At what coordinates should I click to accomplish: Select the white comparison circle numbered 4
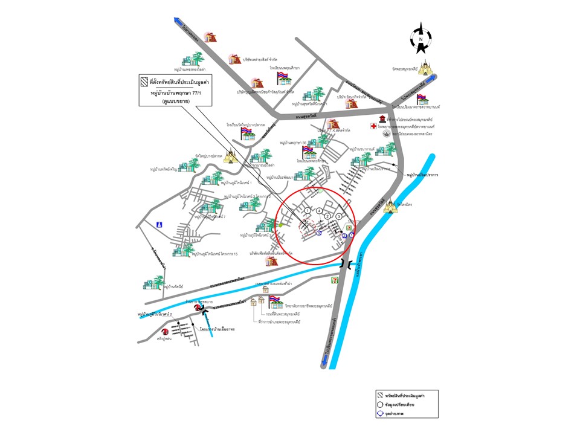point(320,210)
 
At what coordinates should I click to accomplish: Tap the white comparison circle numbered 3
point(339,216)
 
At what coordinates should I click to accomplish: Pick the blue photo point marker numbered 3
point(318,233)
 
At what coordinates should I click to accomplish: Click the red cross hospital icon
point(375,126)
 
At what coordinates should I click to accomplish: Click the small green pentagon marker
point(280,225)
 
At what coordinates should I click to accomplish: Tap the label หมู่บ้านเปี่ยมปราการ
point(422,174)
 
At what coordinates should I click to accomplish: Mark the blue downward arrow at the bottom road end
point(325,361)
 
